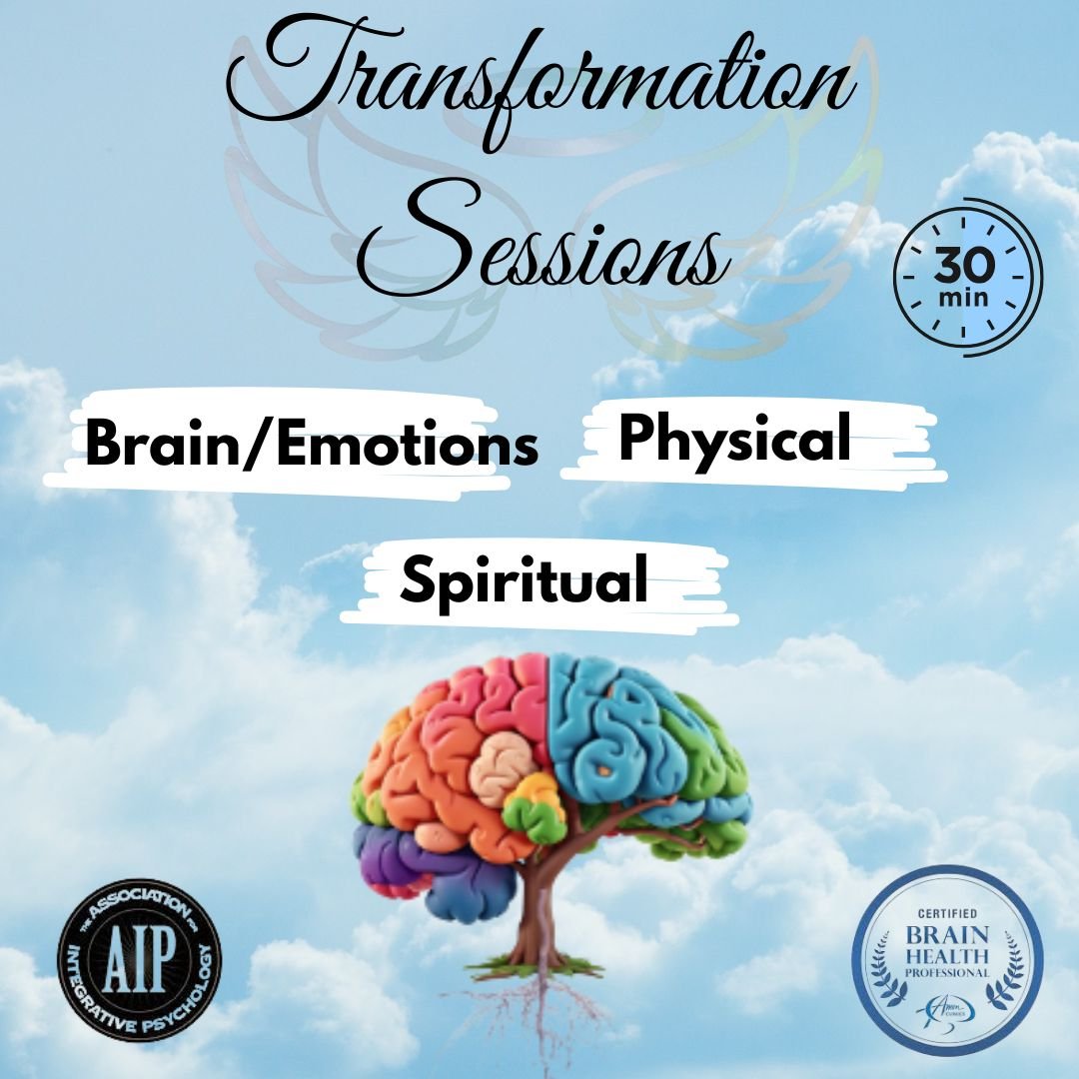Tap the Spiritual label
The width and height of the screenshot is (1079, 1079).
coord(524,578)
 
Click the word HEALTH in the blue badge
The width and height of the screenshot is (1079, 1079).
coord(946,953)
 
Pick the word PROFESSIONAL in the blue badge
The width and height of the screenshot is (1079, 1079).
coord(946,972)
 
